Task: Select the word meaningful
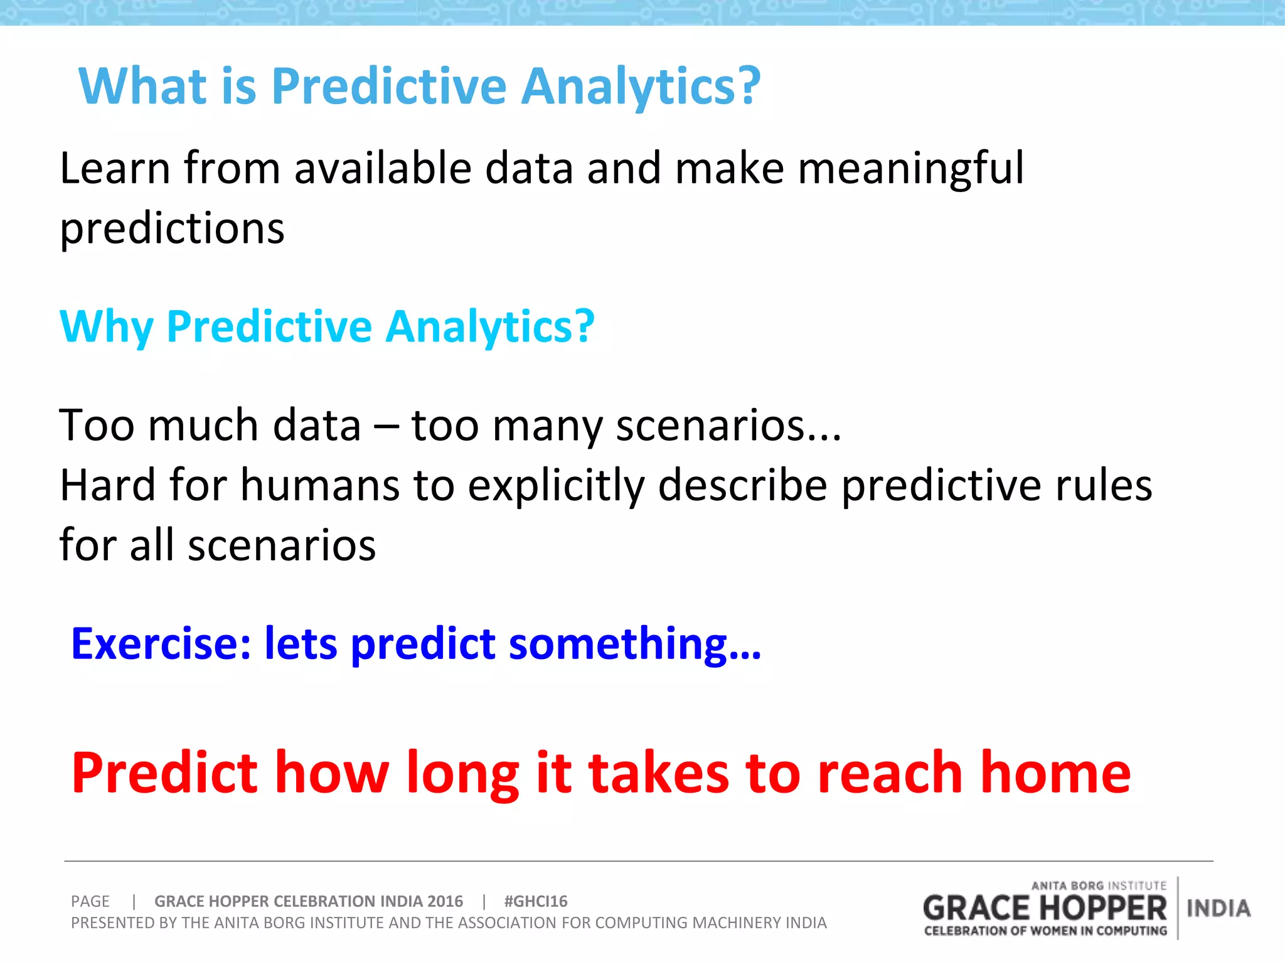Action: point(910,169)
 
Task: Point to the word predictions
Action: point(172,229)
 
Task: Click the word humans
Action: point(320,486)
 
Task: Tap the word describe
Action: point(743,486)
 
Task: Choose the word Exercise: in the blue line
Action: point(161,644)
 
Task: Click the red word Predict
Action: point(164,773)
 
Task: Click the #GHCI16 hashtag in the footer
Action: point(535,901)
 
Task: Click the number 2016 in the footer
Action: point(444,901)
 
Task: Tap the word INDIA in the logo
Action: point(1218,908)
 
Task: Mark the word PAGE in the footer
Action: point(90,901)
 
